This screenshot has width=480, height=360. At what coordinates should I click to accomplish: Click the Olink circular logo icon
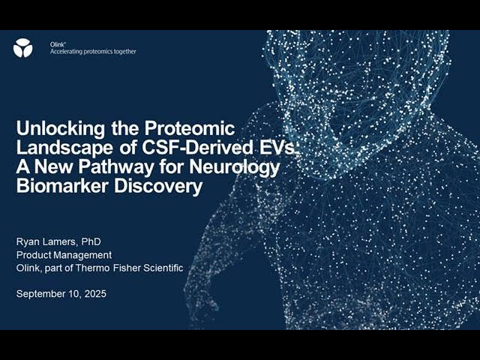[22, 48]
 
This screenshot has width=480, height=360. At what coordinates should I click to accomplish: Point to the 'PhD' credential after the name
[91, 241]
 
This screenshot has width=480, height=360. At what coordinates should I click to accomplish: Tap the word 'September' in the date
[42, 294]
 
